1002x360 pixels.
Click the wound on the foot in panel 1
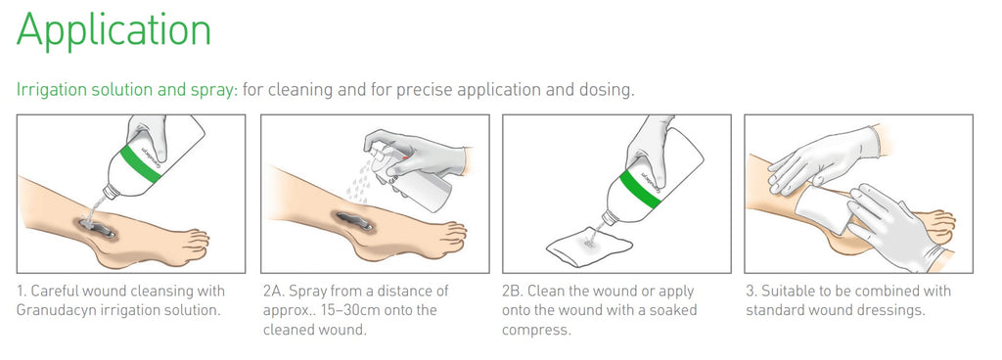[x=97, y=225]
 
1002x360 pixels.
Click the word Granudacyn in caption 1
[x=53, y=311]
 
